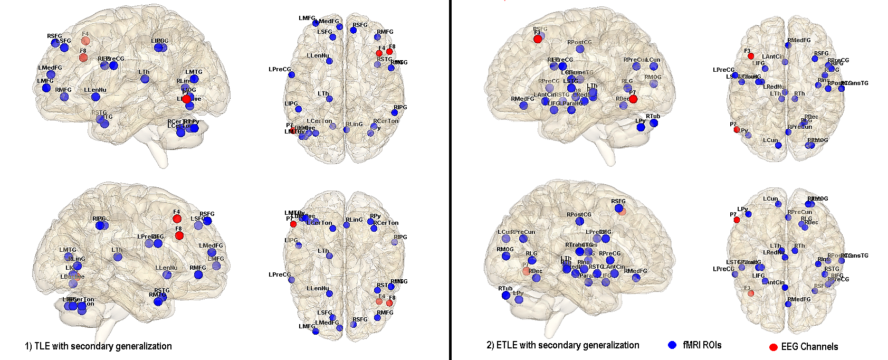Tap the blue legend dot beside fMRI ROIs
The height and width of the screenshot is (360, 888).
(672, 345)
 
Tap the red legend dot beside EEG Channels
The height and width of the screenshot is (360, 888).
(774, 347)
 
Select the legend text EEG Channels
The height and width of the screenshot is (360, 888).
(809, 347)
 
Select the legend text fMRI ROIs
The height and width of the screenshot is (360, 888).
(702, 345)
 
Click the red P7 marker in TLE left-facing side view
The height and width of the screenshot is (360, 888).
(186, 99)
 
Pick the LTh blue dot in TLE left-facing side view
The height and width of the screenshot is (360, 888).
(145, 79)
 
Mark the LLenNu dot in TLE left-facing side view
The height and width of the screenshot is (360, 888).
(96, 97)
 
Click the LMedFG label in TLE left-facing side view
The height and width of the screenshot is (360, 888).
(50, 68)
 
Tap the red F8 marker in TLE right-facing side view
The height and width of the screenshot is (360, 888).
(179, 235)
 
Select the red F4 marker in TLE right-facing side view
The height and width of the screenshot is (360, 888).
(177, 219)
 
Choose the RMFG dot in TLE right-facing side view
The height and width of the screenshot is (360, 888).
(198, 274)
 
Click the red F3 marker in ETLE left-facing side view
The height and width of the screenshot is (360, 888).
(538, 39)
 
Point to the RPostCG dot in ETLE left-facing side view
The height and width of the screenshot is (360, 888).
(580, 49)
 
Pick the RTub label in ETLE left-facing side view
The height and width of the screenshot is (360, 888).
(653, 116)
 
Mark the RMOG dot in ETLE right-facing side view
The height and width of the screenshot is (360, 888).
(506, 256)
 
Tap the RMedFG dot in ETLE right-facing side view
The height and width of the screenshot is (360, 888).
(636, 278)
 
